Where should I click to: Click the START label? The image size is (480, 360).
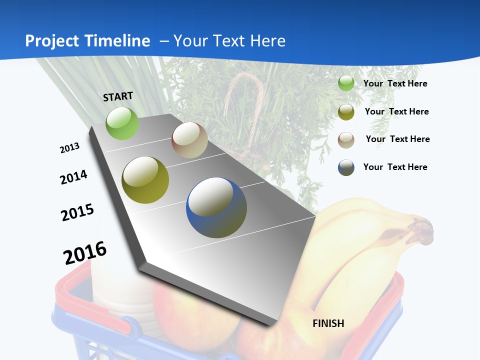[118, 96]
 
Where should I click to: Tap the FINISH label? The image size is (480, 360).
[328, 323]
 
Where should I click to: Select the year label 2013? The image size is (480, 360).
[69, 148]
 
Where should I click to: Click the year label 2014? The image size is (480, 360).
[73, 177]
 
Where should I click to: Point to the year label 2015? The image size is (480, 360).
[77, 212]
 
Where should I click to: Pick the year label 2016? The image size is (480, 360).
[85, 252]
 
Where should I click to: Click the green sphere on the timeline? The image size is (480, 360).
[122, 123]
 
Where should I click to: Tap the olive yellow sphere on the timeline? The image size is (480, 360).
[145, 180]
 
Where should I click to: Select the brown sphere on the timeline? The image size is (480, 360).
[189, 140]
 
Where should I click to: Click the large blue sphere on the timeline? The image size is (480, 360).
[216, 207]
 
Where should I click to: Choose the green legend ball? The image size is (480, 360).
[346, 83]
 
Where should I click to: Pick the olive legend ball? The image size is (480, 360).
[346, 112]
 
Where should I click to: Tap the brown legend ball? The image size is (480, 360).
[346, 139]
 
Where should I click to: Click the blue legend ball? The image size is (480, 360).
[346, 167]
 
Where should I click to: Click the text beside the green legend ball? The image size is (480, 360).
[395, 83]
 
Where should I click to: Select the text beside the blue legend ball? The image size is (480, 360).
[395, 167]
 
